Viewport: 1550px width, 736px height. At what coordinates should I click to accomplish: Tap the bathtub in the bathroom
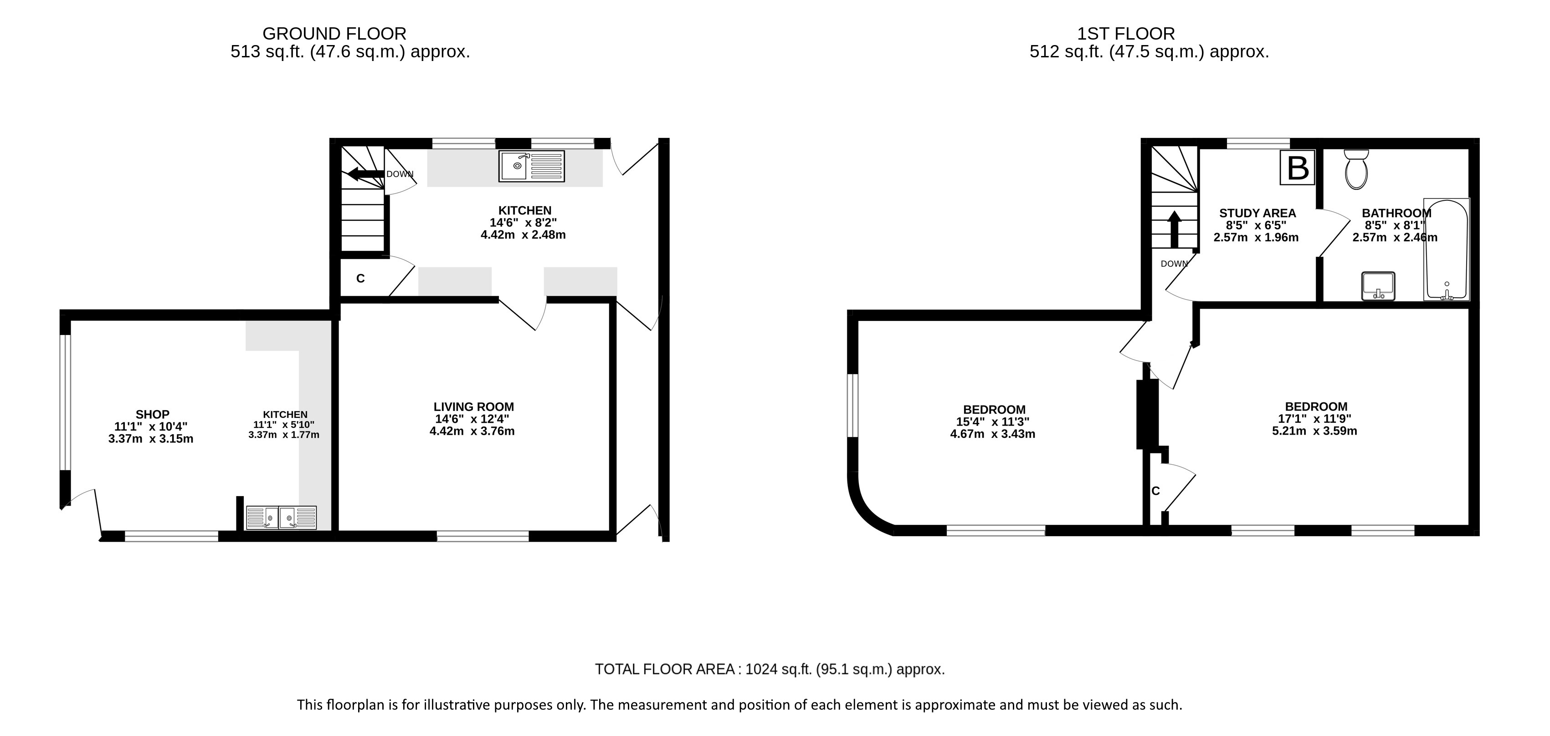click(1447, 249)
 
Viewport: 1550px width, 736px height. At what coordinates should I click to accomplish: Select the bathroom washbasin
click(1378, 286)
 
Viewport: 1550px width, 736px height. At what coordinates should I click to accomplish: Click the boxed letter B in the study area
click(1297, 168)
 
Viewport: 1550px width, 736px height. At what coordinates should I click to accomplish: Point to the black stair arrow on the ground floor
click(366, 174)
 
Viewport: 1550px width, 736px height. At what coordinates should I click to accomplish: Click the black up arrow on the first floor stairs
click(1174, 228)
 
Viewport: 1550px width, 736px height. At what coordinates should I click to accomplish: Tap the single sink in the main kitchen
click(531, 166)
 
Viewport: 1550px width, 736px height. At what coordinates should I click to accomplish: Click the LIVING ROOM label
click(473, 407)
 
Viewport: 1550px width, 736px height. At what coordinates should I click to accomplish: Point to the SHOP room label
click(152, 414)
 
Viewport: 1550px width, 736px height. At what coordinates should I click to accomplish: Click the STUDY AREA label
click(1257, 213)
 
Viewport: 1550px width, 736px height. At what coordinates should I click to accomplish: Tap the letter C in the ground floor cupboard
click(360, 279)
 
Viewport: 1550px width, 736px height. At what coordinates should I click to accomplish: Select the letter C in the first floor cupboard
click(1155, 491)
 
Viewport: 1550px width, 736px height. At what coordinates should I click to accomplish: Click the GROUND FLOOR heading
click(334, 33)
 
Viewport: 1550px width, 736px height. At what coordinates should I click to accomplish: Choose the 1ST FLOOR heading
click(1126, 33)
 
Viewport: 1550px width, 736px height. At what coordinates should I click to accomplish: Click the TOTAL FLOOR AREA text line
click(770, 669)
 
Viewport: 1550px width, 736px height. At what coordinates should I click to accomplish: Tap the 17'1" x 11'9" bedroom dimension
click(1315, 418)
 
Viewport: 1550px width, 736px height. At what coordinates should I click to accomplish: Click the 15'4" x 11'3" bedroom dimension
click(993, 422)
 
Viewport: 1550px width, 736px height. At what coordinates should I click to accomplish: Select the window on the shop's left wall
click(66, 401)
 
